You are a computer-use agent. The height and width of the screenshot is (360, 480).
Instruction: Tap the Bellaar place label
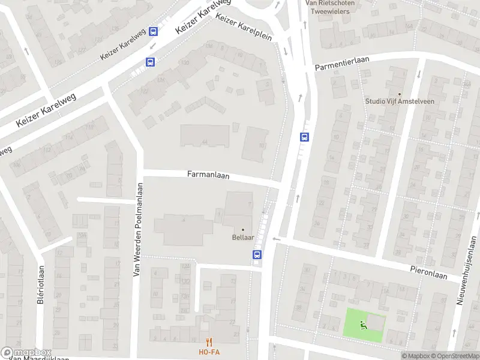pos(243,238)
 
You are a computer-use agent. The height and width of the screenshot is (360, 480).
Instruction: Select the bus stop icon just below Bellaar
pos(257,254)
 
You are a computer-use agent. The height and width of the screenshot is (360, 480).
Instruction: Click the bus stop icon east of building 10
pos(305,137)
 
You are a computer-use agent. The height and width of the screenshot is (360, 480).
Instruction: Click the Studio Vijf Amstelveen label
pos(400,101)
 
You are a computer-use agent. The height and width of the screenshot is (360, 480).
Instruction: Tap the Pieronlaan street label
pos(429,272)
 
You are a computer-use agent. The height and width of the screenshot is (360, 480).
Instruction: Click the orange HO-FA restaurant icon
pos(209,342)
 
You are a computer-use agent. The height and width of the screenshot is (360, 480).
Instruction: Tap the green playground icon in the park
pos(362,326)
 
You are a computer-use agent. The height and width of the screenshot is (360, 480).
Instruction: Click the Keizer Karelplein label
pos(244,28)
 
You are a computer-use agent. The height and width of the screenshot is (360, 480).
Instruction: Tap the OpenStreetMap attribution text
pos(454,356)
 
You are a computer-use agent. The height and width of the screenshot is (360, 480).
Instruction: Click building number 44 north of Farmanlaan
pos(205,142)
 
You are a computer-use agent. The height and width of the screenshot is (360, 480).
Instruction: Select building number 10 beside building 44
pos(262,145)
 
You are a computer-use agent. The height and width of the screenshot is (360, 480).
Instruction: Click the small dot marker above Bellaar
pos(243,229)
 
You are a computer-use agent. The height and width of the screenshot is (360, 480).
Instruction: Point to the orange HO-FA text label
pos(209,352)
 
